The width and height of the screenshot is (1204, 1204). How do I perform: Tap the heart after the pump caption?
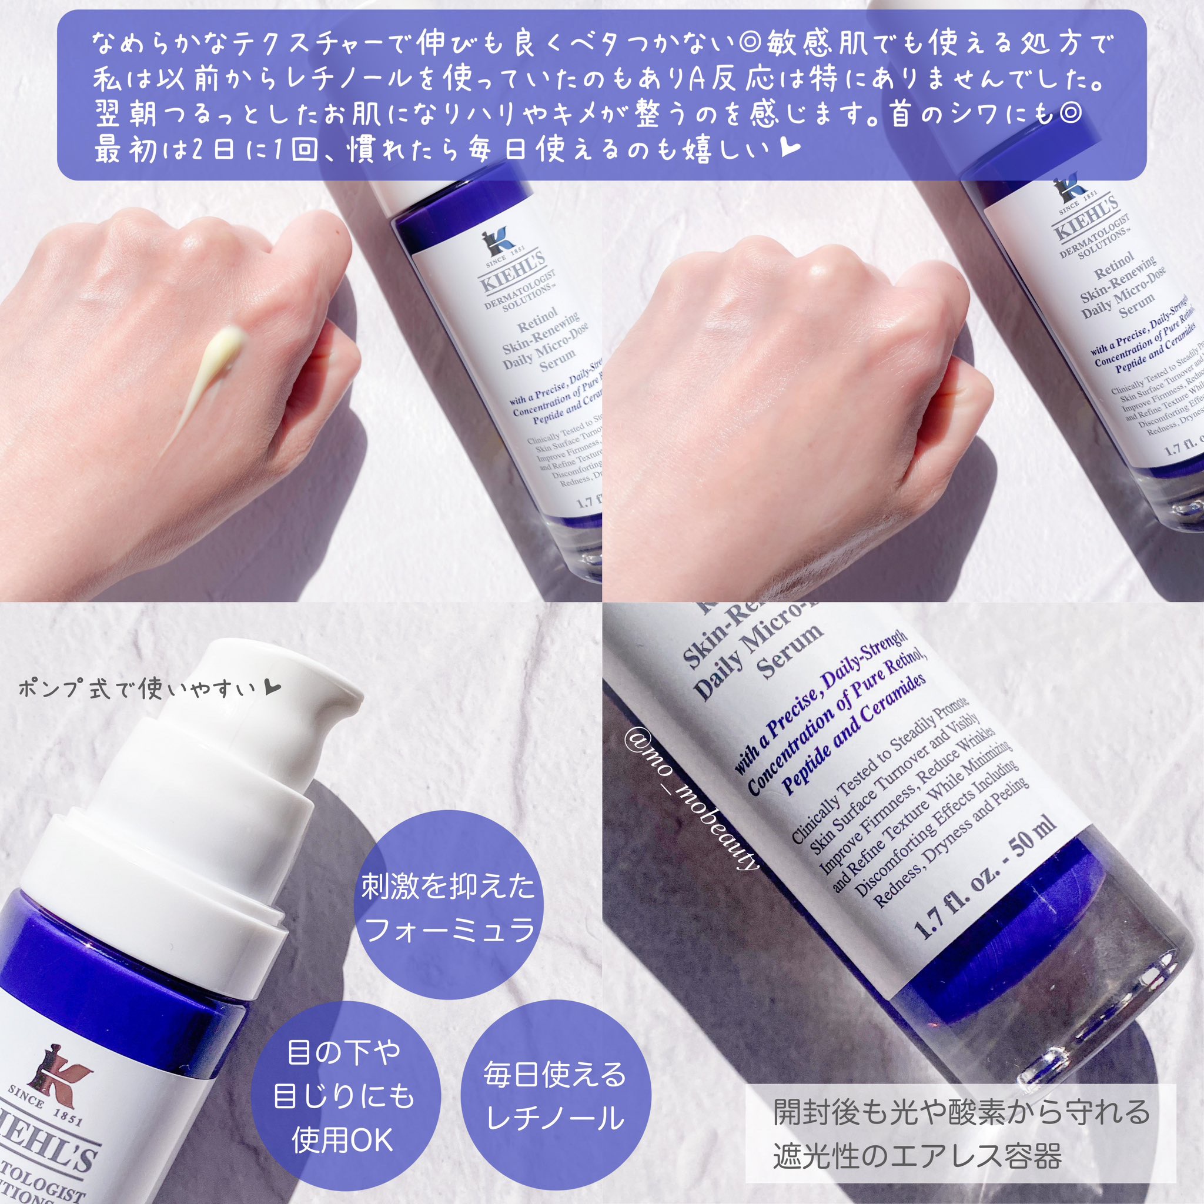pyautogui.click(x=273, y=688)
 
